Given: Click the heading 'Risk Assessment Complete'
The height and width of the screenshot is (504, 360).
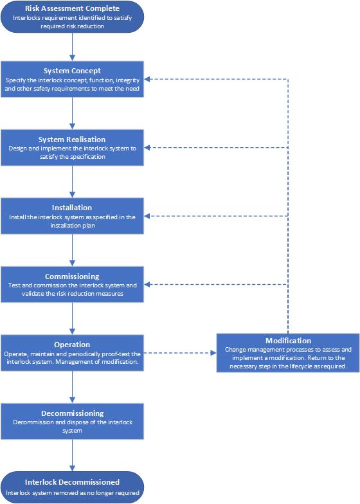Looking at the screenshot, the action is pyautogui.click(x=72, y=8).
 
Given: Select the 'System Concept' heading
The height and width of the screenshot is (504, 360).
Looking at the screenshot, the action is pyautogui.click(x=72, y=71).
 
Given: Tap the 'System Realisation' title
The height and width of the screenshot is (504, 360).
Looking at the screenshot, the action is pyautogui.click(x=72, y=139).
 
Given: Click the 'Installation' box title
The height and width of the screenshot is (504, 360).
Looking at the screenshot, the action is pyautogui.click(x=72, y=208).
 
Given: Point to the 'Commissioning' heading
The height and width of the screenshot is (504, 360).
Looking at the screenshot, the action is pyautogui.click(x=72, y=276).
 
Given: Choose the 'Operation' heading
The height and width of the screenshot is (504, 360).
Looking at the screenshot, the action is pyautogui.click(x=72, y=345).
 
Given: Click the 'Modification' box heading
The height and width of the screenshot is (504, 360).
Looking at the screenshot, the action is pyautogui.click(x=288, y=341).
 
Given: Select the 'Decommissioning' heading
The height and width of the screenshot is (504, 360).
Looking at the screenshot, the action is pyautogui.click(x=72, y=413).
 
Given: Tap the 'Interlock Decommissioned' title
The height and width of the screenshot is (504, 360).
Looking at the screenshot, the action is pyautogui.click(x=72, y=482).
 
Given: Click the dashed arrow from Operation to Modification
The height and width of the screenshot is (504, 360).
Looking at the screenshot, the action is pyautogui.click(x=180, y=353).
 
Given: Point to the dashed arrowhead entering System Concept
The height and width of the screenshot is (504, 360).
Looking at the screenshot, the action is pyautogui.click(x=147, y=79).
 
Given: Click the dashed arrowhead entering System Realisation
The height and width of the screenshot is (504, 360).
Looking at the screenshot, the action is pyautogui.click(x=147, y=148).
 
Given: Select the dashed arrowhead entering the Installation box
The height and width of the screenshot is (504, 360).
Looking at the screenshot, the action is pyautogui.click(x=147, y=216).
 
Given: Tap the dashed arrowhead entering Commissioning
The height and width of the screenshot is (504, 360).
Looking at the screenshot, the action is pyautogui.click(x=147, y=284).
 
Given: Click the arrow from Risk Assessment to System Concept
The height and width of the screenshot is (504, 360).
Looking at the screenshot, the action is pyautogui.click(x=72, y=46).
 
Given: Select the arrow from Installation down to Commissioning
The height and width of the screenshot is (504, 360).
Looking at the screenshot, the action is pyautogui.click(x=72, y=250).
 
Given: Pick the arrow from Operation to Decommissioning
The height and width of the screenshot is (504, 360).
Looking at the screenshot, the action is pyautogui.click(x=72, y=387).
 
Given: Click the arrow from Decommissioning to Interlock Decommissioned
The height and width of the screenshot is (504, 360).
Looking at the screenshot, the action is pyautogui.click(x=72, y=455).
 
